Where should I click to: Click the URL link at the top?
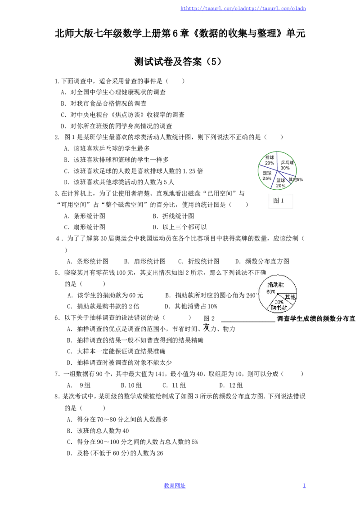(243, 9)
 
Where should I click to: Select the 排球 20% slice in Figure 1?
(269, 160)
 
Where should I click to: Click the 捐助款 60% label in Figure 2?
(274, 288)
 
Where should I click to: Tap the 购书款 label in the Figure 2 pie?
(279, 307)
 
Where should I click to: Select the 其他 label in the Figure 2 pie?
(290, 297)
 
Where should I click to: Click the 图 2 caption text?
(209, 318)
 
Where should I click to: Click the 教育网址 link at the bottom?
(175, 486)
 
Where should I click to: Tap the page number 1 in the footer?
(304, 486)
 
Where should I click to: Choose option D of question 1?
(116, 126)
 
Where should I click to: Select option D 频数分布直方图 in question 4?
(262, 261)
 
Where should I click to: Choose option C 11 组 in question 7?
(174, 385)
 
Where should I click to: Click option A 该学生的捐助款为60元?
(105, 295)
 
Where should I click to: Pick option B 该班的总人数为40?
(98, 431)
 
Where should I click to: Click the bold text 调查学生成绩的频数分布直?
(316, 319)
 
